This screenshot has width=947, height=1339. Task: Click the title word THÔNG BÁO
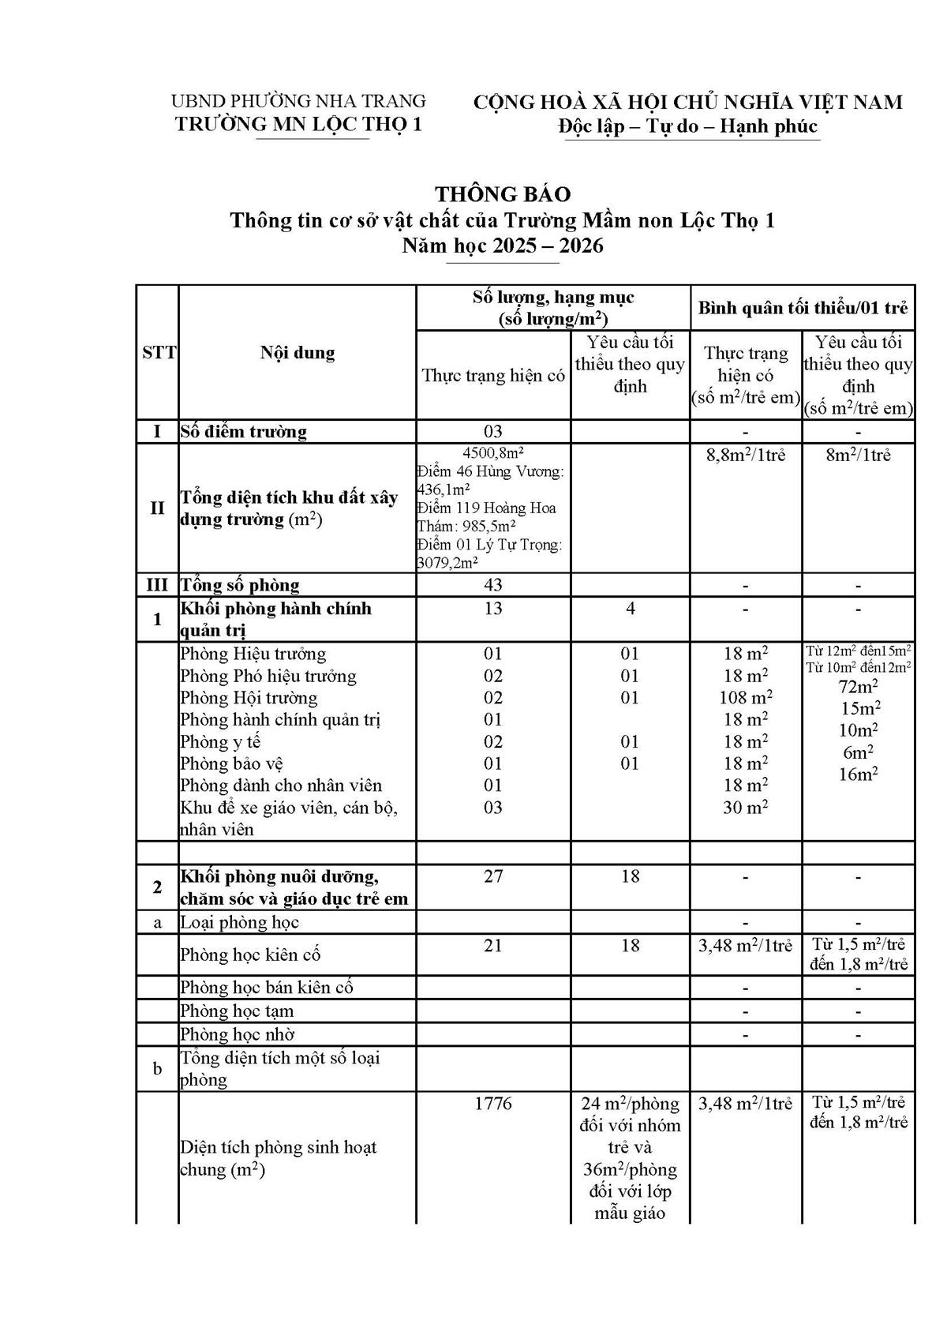[x=503, y=194]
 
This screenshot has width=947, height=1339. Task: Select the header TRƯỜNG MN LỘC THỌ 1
[x=298, y=125]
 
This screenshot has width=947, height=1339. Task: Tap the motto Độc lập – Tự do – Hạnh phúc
[x=687, y=126]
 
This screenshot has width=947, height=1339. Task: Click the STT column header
[x=158, y=353]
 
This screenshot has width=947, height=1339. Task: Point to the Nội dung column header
[x=298, y=353]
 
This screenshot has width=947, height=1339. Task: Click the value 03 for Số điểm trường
[x=493, y=432]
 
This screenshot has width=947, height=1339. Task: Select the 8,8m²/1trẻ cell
[x=746, y=456]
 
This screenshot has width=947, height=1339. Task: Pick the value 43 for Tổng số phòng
[x=493, y=585]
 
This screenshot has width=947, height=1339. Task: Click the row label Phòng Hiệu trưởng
[x=253, y=654]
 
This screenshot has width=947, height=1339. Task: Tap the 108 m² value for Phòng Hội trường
[x=746, y=698]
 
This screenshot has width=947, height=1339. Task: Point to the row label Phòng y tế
[x=220, y=742]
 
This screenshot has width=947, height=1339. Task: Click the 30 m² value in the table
[x=746, y=808]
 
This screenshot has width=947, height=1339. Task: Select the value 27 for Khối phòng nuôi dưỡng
[x=493, y=876]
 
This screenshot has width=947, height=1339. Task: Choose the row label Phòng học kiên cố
[x=250, y=955]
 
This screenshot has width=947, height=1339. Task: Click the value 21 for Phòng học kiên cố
[x=493, y=946]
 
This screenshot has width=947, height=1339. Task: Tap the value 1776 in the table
[x=493, y=1104]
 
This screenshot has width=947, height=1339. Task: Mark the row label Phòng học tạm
[x=237, y=1011]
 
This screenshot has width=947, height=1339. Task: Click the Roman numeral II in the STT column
[x=158, y=508]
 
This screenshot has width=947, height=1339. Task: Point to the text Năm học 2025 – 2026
[x=503, y=246]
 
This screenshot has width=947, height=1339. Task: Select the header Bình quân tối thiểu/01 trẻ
[x=803, y=308]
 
